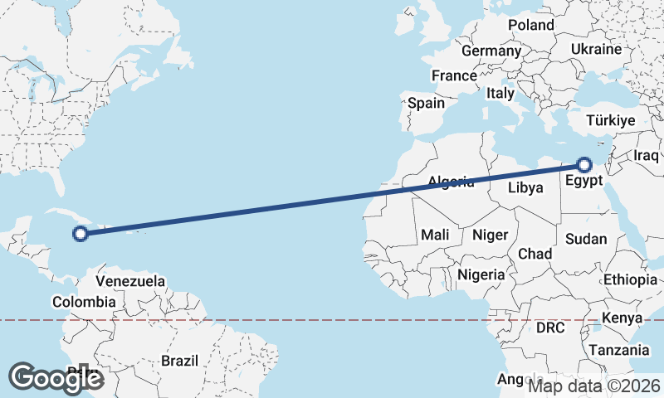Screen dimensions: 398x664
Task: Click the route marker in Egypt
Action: (x=584, y=164)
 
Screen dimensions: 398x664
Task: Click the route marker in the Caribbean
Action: (x=81, y=234)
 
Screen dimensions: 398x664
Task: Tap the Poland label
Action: (x=531, y=25)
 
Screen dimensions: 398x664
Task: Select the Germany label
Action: (x=491, y=51)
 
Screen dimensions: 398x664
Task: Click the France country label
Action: (x=454, y=76)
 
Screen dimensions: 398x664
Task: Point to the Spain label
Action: (x=426, y=104)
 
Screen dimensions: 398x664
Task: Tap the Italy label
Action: (x=500, y=94)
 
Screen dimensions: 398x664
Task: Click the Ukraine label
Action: (x=595, y=50)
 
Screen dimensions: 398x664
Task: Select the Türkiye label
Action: (x=610, y=121)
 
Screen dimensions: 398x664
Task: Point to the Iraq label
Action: (x=646, y=156)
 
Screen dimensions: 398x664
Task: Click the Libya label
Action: (x=525, y=188)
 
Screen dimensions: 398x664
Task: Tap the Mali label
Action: (x=435, y=235)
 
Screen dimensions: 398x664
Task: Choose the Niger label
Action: (x=490, y=235)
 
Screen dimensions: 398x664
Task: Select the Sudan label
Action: (x=586, y=239)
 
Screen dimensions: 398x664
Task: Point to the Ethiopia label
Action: (x=631, y=279)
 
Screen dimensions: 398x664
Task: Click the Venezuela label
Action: (x=130, y=282)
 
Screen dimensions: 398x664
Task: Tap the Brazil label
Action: (x=179, y=361)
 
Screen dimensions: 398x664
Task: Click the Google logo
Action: (x=56, y=377)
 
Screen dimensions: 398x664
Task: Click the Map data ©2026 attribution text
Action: (x=594, y=385)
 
